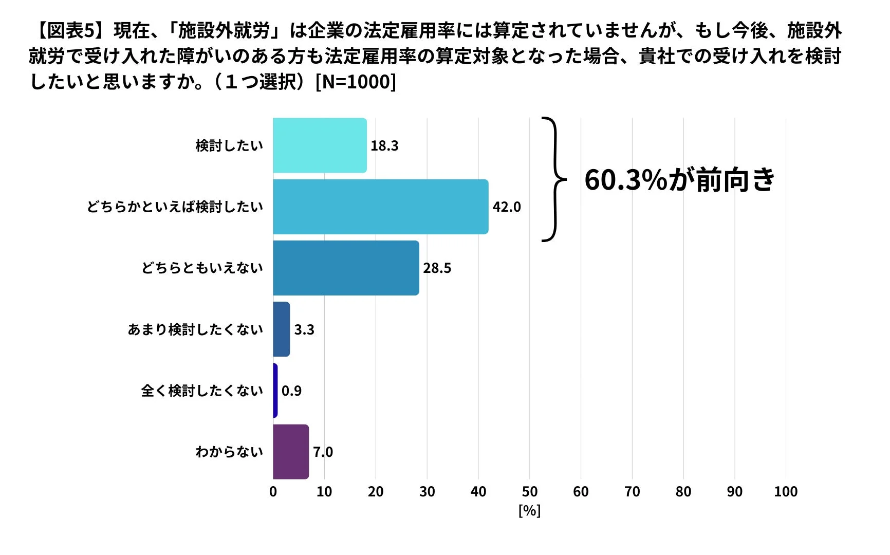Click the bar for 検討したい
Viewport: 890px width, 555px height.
pos(320,145)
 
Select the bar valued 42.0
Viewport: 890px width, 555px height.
pos(380,207)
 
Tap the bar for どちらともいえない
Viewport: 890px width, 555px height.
pos(346,268)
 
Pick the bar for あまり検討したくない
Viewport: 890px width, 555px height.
pos(282,329)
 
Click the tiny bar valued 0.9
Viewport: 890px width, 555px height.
pos(275,391)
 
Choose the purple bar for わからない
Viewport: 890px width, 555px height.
pos(291,452)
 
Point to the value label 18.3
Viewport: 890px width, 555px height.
pos(384,146)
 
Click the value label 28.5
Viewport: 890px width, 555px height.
pos(437,268)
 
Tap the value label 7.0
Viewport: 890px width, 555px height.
pos(323,452)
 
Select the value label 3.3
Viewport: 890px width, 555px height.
pos(304,330)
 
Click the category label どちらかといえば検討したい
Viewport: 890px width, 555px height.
pos(175,207)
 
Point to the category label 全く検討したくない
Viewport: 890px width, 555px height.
pos(202,391)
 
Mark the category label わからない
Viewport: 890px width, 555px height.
pos(229,452)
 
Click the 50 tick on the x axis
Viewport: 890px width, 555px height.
pos(529,492)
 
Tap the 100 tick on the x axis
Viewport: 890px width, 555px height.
pos(785,492)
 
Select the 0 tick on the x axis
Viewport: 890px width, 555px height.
pos(273,492)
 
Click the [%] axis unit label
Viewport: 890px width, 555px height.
pos(529,511)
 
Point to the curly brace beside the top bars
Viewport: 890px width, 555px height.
pos(554,179)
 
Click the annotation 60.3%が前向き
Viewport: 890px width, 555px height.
pos(679,180)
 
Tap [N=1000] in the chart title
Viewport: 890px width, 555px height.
pos(356,82)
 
